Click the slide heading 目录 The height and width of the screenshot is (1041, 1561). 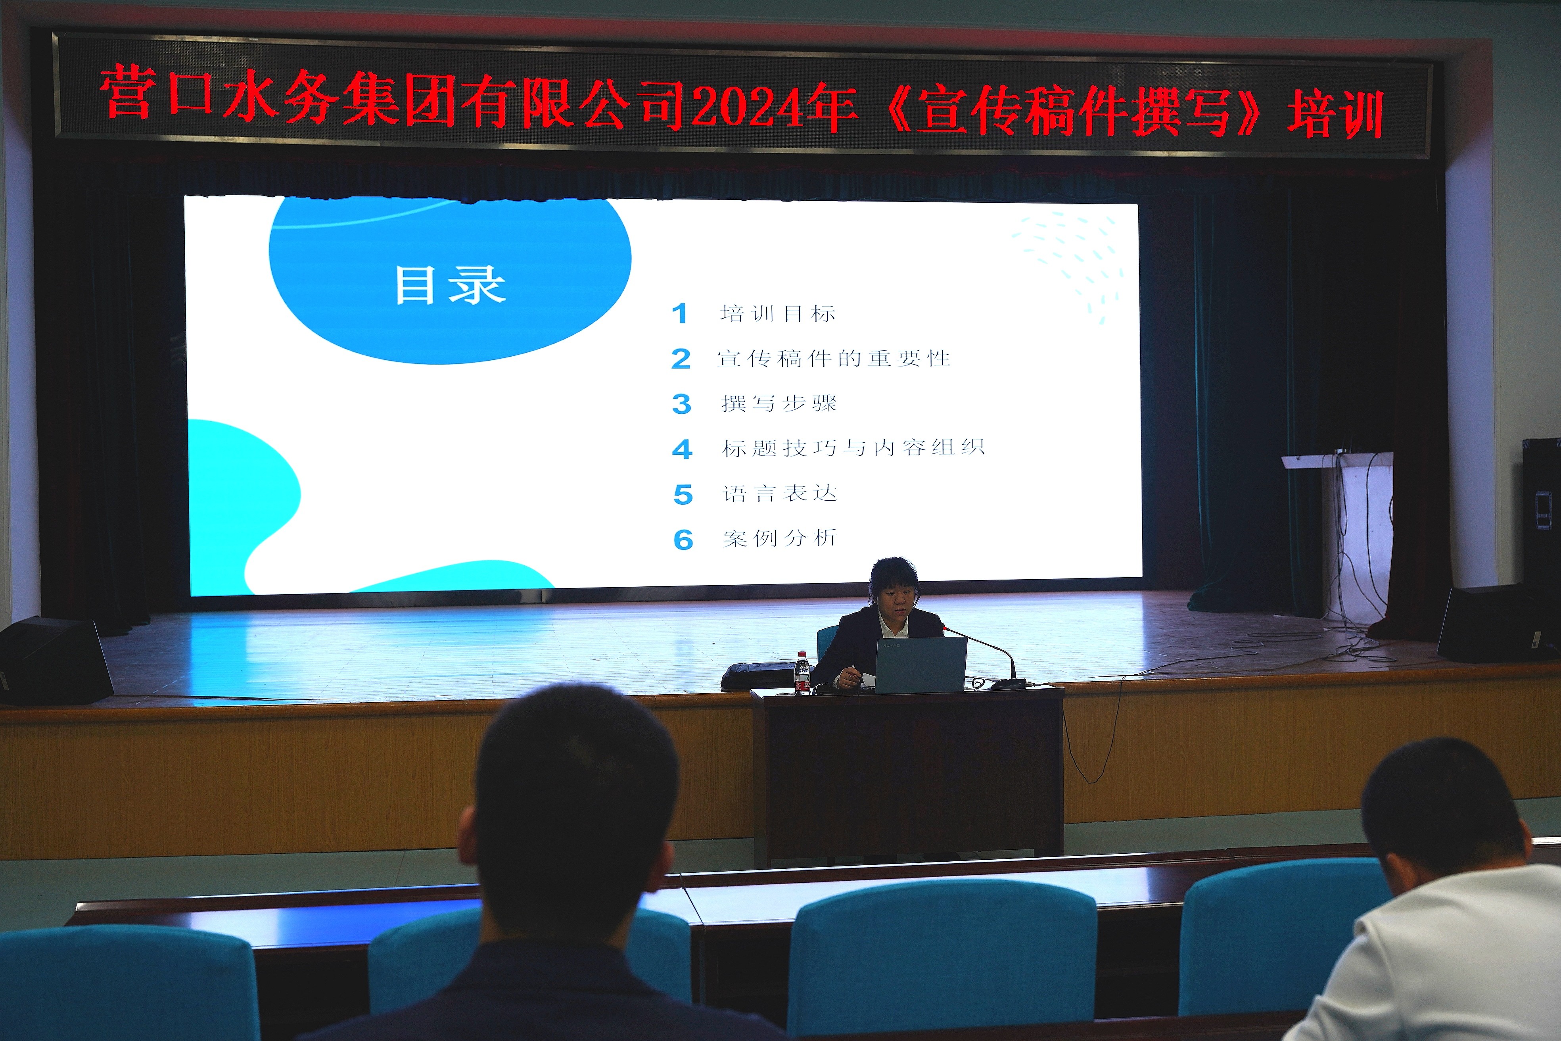point(450,286)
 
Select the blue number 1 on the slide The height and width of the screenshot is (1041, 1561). point(679,313)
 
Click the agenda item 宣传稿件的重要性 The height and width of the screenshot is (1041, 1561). point(834,359)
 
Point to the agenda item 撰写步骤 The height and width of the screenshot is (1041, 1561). point(779,403)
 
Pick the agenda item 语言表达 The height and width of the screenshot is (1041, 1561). point(780,493)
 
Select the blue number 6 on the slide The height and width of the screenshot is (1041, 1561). point(683,540)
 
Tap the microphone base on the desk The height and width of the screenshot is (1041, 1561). point(1009,683)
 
